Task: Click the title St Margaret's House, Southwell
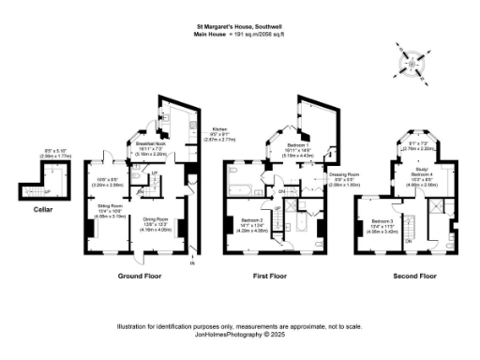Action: click(239, 27)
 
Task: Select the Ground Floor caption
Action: click(141, 277)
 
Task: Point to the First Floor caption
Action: click(273, 277)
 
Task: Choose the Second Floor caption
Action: click(414, 277)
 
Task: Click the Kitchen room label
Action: click(219, 128)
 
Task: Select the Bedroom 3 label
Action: click(372, 219)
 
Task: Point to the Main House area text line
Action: click(239, 35)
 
